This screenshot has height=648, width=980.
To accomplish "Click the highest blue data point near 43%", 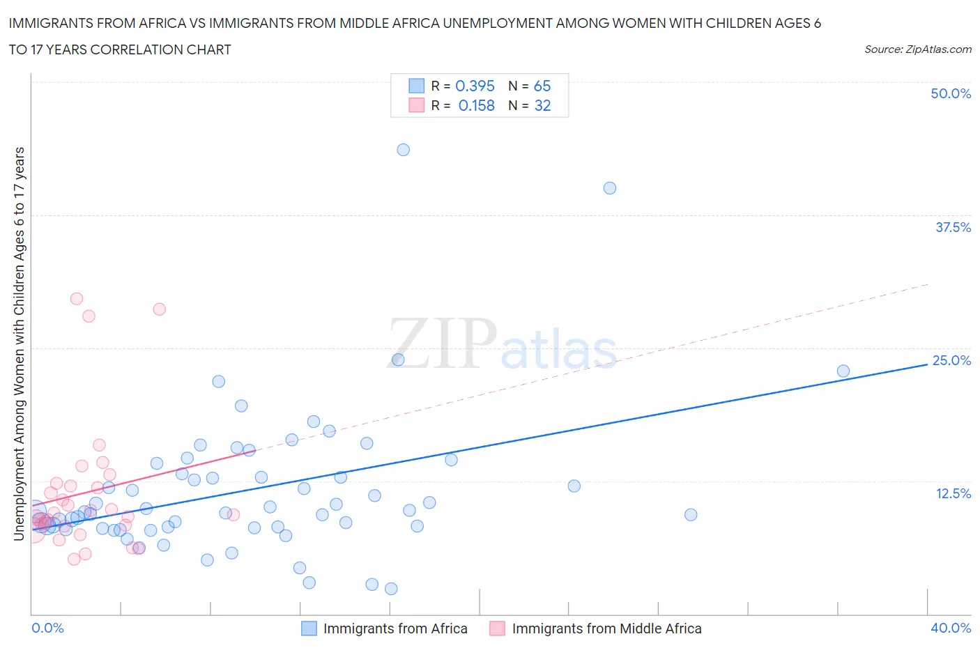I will pyautogui.click(x=403, y=150).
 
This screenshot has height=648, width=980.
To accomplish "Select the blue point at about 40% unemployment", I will pyautogui.click(x=610, y=188).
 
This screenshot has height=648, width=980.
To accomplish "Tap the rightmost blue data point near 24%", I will pyautogui.click(x=843, y=371).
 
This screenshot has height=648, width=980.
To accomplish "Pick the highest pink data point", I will pyautogui.click(x=77, y=299).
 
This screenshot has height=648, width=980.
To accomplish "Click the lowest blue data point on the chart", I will pyautogui.click(x=391, y=589).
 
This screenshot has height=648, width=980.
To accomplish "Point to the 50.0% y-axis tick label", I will pyautogui.click(x=951, y=93).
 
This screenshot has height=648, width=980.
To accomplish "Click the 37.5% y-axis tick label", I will pyautogui.click(x=953, y=227).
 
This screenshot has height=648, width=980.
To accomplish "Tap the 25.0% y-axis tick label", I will pyautogui.click(x=951, y=360).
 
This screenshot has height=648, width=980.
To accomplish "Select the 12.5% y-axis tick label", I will pyautogui.click(x=953, y=493).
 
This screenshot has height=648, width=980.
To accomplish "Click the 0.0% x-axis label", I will pyautogui.click(x=48, y=628).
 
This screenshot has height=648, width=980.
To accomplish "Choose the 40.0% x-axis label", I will pyautogui.click(x=951, y=628).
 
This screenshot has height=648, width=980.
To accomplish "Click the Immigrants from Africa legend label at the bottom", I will pyautogui.click(x=395, y=628).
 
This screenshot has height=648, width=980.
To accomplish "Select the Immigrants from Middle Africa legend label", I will pyautogui.click(x=606, y=628).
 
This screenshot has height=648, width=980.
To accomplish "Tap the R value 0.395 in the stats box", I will pyautogui.click(x=475, y=86).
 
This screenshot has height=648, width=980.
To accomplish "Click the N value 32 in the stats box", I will pyautogui.click(x=542, y=105).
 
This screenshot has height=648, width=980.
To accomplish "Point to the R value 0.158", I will pyautogui.click(x=476, y=105).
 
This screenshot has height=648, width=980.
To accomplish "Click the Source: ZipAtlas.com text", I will pyautogui.click(x=917, y=49).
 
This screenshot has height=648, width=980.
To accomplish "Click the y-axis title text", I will pyautogui.click(x=19, y=344).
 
